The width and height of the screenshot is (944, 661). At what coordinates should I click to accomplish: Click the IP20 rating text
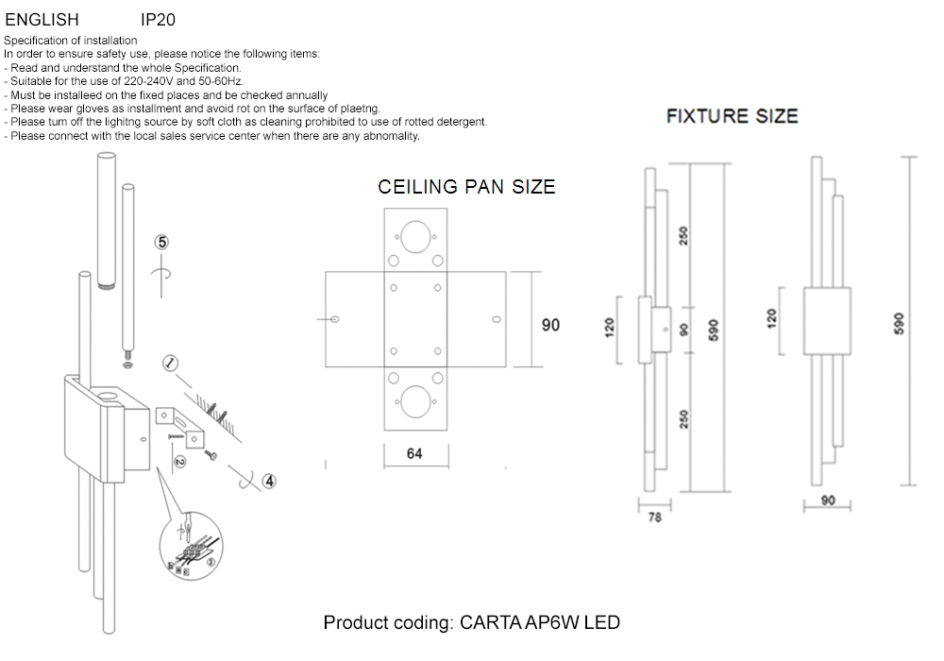158,19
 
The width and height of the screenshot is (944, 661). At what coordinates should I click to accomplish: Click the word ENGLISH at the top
42,19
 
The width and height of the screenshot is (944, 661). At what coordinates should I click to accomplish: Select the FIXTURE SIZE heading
732,116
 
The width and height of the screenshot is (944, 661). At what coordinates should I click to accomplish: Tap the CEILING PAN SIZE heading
466,187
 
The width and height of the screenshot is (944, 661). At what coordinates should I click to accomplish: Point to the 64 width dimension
414,453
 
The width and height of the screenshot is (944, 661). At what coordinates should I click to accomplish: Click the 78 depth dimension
655,518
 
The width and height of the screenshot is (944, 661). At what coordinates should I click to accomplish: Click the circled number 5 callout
162,243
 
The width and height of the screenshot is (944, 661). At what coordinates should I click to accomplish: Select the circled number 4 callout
269,481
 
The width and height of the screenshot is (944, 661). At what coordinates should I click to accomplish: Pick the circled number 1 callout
170,363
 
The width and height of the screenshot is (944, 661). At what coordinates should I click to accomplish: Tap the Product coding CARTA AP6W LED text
471,623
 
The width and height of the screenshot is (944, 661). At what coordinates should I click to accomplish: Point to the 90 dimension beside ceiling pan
550,325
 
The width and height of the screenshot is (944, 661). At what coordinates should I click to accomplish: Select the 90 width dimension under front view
828,500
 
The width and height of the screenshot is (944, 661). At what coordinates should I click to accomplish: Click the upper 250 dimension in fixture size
684,237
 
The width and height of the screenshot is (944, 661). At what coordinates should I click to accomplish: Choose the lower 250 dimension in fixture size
684,418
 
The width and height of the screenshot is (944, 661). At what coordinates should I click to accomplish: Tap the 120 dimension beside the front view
771,321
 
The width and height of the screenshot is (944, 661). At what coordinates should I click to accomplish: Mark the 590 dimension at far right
900,324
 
